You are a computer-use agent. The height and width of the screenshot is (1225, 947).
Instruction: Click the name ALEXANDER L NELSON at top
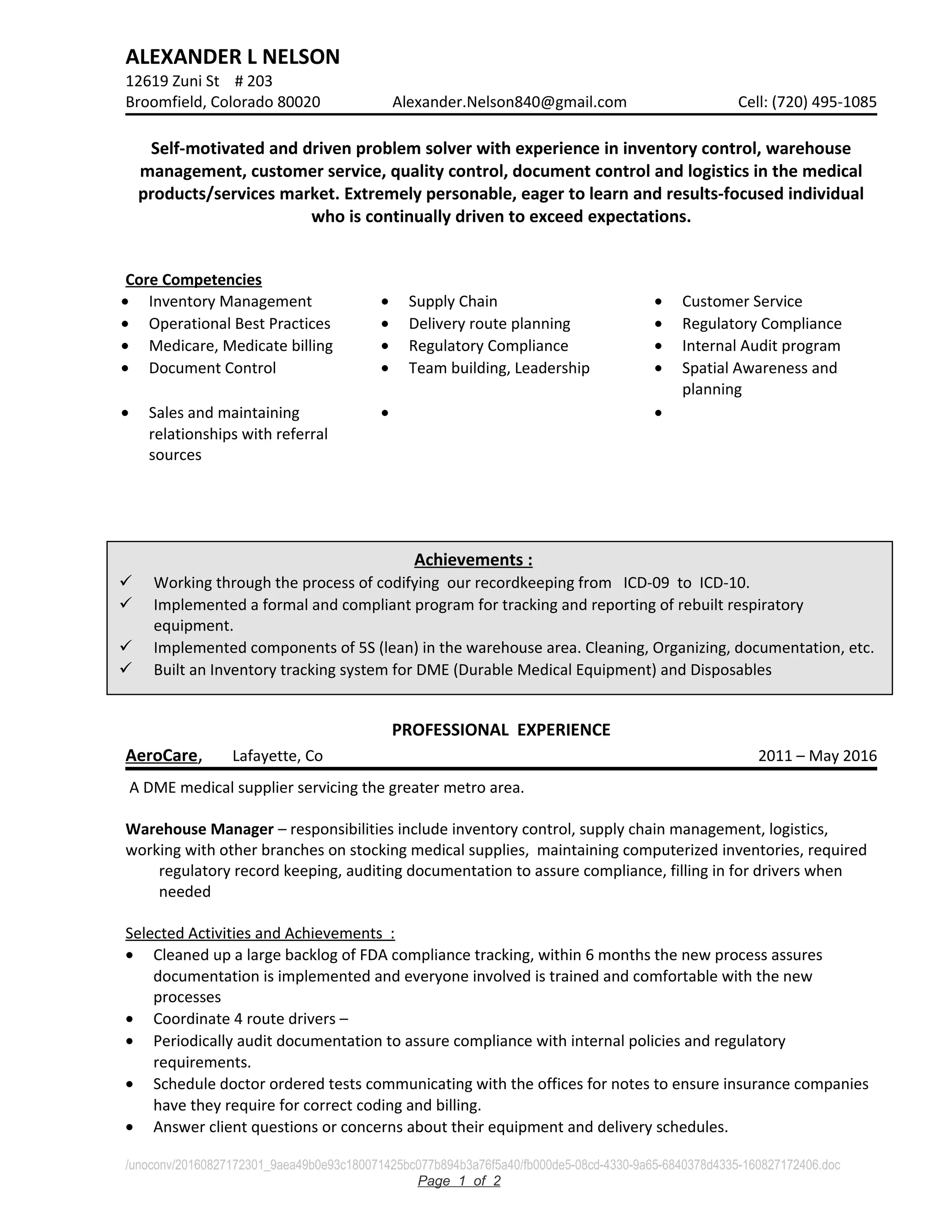(x=232, y=57)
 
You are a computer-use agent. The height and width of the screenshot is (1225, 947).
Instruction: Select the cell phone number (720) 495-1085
(x=824, y=102)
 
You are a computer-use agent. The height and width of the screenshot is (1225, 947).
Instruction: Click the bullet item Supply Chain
(x=452, y=301)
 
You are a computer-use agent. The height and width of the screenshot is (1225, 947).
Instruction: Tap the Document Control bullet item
(x=212, y=368)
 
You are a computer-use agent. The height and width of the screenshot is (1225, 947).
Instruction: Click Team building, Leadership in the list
(x=499, y=368)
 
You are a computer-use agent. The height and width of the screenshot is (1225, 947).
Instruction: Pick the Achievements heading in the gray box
(x=473, y=559)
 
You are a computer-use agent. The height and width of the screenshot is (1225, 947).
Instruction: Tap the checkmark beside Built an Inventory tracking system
(x=126, y=668)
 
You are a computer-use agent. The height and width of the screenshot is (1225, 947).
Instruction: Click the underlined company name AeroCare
(x=161, y=755)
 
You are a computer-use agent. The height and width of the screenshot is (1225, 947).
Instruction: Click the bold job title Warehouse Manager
(x=199, y=828)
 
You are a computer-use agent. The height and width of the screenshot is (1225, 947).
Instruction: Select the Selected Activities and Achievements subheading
(x=260, y=933)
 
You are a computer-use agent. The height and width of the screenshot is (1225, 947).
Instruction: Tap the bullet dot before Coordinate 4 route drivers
(x=130, y=1019)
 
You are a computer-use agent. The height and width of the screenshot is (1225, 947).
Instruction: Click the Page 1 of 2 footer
(x=459, y=1181)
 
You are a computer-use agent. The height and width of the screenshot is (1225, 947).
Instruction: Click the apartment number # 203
(x=253, y=81)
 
